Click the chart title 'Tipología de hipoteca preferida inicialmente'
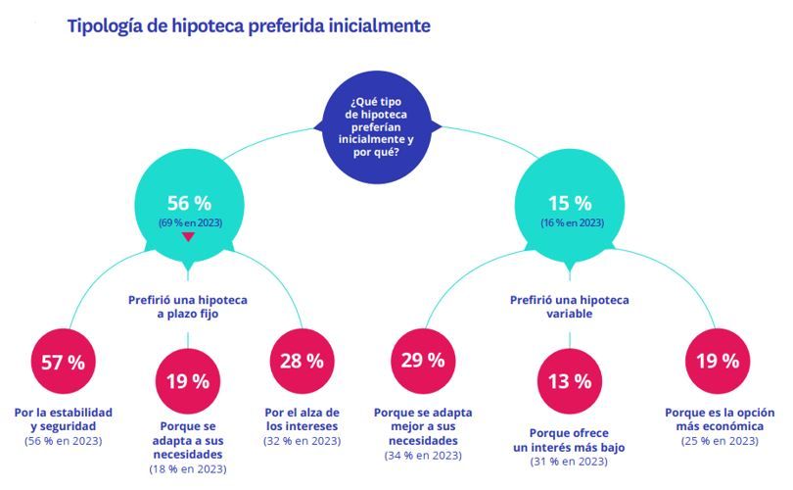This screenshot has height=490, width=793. coord(249,26)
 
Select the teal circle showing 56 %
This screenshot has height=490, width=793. coord(190,209)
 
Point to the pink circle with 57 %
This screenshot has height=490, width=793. coord(63,360)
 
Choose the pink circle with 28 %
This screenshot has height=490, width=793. coord(302,360)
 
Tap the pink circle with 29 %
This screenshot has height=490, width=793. coord(422,360)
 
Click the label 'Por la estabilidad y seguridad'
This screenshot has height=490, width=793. coord(64,418)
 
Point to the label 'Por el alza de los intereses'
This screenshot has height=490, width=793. coord(302,418)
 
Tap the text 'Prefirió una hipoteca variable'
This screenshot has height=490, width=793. coord(570,307)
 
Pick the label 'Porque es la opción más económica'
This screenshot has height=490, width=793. coord(719,418)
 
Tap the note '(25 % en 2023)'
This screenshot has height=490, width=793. coord(719,441)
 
